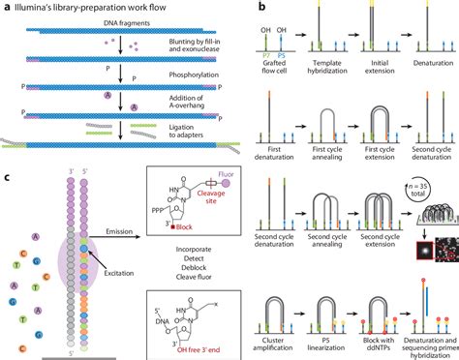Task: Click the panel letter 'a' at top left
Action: (x=5, y=7)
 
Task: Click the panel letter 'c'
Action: (x=6, y=176)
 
